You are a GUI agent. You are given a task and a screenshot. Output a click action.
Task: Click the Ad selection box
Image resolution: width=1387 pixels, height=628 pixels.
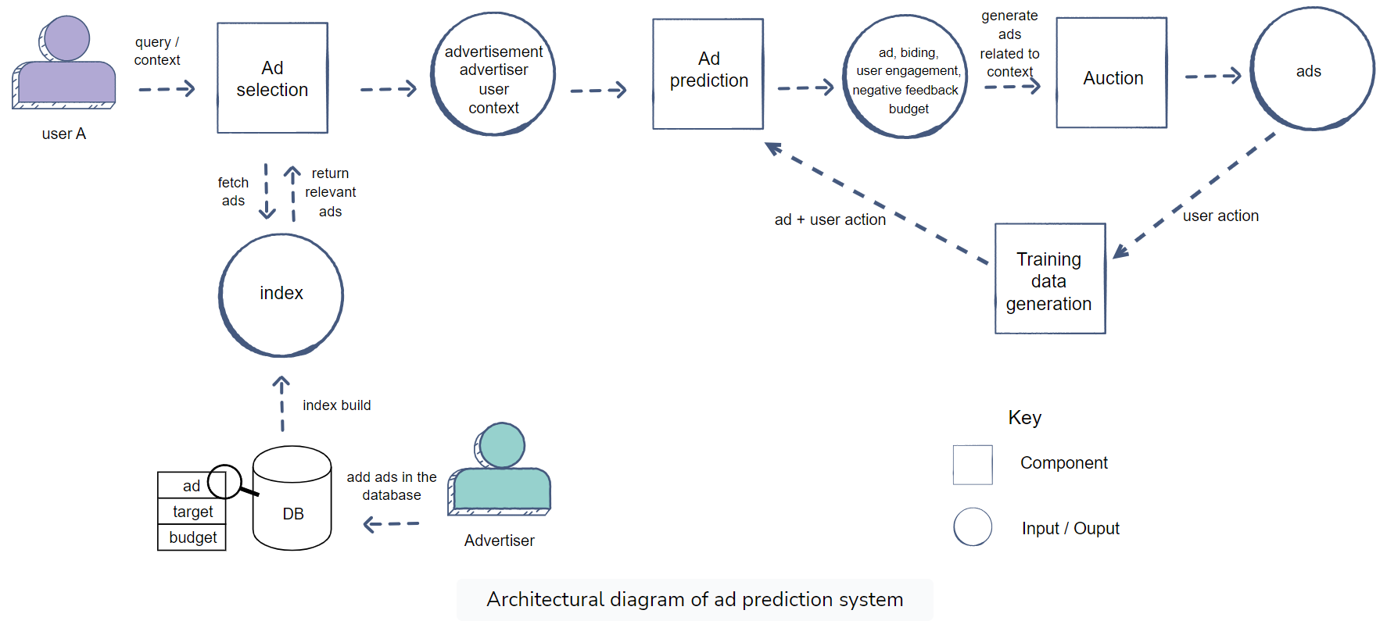click(x=272, y=78)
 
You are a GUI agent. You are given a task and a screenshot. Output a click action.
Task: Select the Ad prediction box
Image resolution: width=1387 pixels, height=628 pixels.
click(x=708, y=74)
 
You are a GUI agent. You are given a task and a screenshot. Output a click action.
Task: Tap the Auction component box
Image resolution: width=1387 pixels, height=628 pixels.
click(x=1112, y=73)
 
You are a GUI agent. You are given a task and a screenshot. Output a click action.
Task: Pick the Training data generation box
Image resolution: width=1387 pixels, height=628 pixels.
click(x=1050, y=279)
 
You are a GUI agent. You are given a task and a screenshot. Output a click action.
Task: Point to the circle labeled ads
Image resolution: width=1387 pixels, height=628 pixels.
click(x=1312, y=69)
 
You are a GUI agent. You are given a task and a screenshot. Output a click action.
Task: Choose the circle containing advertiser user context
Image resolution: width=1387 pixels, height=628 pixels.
click(x=493, y=74)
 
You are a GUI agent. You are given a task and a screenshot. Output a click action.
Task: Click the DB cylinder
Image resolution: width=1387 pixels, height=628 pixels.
click(x=292, y=498)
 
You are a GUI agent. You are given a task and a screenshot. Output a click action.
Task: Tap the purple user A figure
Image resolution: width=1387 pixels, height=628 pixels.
click(x=64, y=62)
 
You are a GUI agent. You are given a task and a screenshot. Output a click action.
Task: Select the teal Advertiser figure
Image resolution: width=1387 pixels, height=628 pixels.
click(x=500, y=469)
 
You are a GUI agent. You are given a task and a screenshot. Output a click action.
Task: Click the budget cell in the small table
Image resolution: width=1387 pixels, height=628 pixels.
click(x=192, y=537)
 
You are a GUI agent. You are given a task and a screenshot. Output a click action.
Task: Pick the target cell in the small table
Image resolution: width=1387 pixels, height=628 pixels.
click(x=192, y=512)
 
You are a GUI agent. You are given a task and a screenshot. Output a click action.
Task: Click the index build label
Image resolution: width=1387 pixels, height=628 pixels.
click(x=337, y=405)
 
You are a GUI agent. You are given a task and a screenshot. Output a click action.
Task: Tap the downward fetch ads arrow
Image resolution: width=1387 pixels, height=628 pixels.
click(x=267, y=191)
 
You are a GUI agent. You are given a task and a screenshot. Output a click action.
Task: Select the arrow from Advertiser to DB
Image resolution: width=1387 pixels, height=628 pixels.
click(x=392, y=524)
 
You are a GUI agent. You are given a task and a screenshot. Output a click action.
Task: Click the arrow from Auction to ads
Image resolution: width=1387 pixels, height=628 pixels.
click(x=1213, y=76)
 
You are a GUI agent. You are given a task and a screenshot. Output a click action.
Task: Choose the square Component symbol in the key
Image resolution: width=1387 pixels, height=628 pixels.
click(x=973, y=465)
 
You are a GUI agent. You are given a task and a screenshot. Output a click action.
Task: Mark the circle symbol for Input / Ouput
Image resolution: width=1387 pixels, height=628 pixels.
click(x=973, y=526)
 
